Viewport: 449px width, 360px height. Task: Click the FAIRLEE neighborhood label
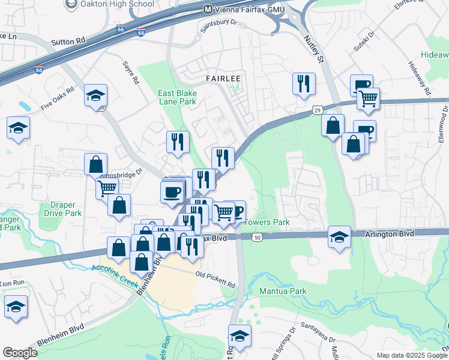tap(223, 79)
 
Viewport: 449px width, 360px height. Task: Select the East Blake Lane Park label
tap(177, 97)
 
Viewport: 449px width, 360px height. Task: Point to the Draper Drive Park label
tap(62, 209)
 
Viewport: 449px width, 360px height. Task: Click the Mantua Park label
tap(283, 291)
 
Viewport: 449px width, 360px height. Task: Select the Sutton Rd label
tap(70, 42)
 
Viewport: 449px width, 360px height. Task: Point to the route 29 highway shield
tap(318, 110)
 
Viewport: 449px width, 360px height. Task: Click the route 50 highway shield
tap(257, 238)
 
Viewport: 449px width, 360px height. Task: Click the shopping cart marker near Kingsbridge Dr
tap(107, 188)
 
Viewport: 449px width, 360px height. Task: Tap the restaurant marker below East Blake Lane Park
tap(177, 142)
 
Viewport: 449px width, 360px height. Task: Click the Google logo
tap(20, 353)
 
